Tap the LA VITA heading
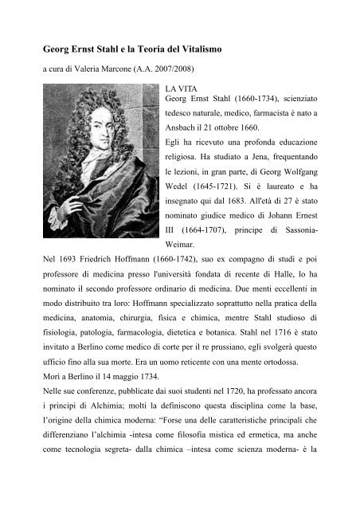pos(179,84)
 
